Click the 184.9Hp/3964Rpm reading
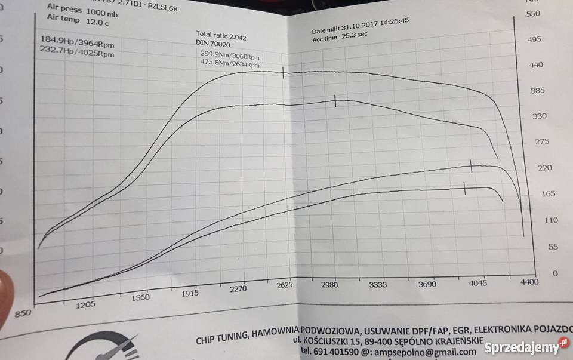(x=77, y=42)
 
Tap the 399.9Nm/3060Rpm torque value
(x=230, y=54)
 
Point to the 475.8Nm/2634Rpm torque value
(x=230, y=63)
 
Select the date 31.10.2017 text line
(x=360, y=24)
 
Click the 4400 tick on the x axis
(x=528, y=281)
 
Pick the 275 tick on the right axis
(x=541, y=141)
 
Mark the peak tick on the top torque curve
(x=283, y=72)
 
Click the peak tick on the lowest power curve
(x=465, y=189)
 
